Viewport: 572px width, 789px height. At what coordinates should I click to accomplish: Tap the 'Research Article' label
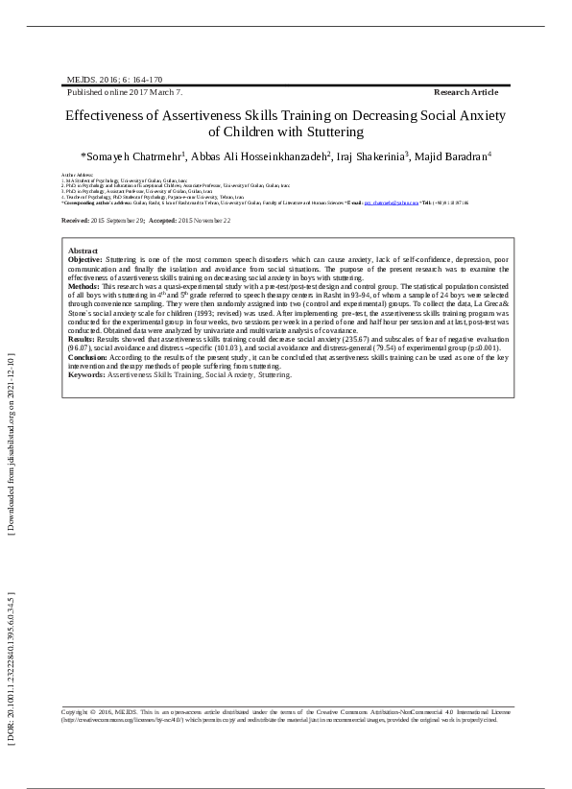pos(466,92)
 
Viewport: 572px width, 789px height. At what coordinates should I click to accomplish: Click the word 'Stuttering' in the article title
pos(332,131)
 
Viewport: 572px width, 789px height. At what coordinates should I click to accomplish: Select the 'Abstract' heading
pos(83,251)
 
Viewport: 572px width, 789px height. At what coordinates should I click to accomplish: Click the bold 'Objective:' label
pos(85,260)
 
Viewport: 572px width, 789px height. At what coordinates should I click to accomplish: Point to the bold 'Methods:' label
pos(83,286)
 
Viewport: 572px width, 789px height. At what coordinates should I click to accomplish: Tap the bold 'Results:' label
pos(82,340)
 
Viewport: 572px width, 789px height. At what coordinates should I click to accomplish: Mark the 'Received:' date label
pos(76,220)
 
